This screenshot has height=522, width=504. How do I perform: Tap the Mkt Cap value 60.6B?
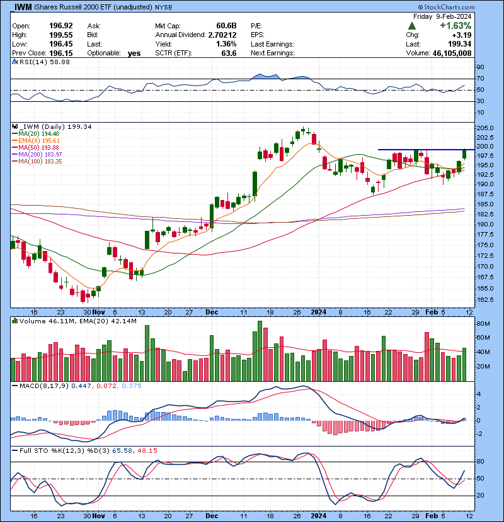225,26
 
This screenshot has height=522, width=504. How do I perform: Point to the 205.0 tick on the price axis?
484,128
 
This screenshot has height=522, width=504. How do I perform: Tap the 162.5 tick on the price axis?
484,299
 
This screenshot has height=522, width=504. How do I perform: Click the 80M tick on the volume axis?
482,323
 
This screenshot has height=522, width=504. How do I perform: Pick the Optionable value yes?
134,53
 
